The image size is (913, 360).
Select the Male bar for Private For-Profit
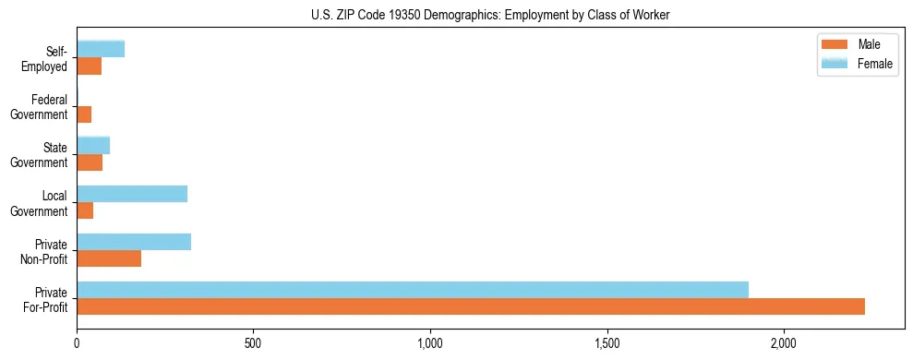471,306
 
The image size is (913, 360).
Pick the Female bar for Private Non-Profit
134,242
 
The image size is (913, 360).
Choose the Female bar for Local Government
132,194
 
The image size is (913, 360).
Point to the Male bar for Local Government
85,210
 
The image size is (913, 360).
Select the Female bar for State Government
93,145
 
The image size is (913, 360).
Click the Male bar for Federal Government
84,114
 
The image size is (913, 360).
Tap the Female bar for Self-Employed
101,49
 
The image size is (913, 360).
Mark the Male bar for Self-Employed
89,66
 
